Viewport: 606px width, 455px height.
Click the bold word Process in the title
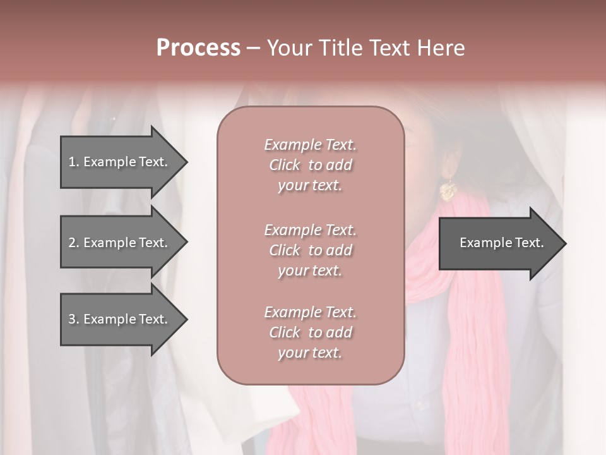[x=198, y=48]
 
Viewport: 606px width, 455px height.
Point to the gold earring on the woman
[x=448, y=190]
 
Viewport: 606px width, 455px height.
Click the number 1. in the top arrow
[x=74, y=162]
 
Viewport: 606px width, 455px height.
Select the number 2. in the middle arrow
[x=74, y=243]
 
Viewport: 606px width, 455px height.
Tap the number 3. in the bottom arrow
[x=74, y=319]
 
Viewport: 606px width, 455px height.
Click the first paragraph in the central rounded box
[x=310, y=165]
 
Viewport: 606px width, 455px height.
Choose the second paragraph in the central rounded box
[x=310, y=250]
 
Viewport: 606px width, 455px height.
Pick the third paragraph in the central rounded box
[x=310, y=332]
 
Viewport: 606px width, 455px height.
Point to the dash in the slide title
[x=253, y=48]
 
